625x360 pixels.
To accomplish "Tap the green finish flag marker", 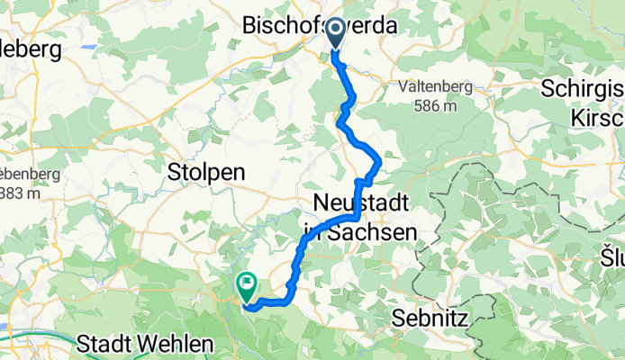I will (x=246, y=285).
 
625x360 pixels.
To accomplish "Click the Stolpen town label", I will (x=206, y=173).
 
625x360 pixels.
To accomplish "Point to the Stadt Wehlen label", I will (x=145, y=343).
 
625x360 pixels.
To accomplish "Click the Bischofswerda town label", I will (x=320, y=26).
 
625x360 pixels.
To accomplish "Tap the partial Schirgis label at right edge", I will (x=583, y=89).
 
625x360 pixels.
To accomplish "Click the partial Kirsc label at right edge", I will (x=597, y=117).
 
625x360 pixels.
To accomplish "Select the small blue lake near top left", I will (x=89, y=45).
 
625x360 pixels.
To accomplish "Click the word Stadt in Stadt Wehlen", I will (x=107, y=343).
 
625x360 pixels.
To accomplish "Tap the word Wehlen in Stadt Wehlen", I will (x=175, y=343).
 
